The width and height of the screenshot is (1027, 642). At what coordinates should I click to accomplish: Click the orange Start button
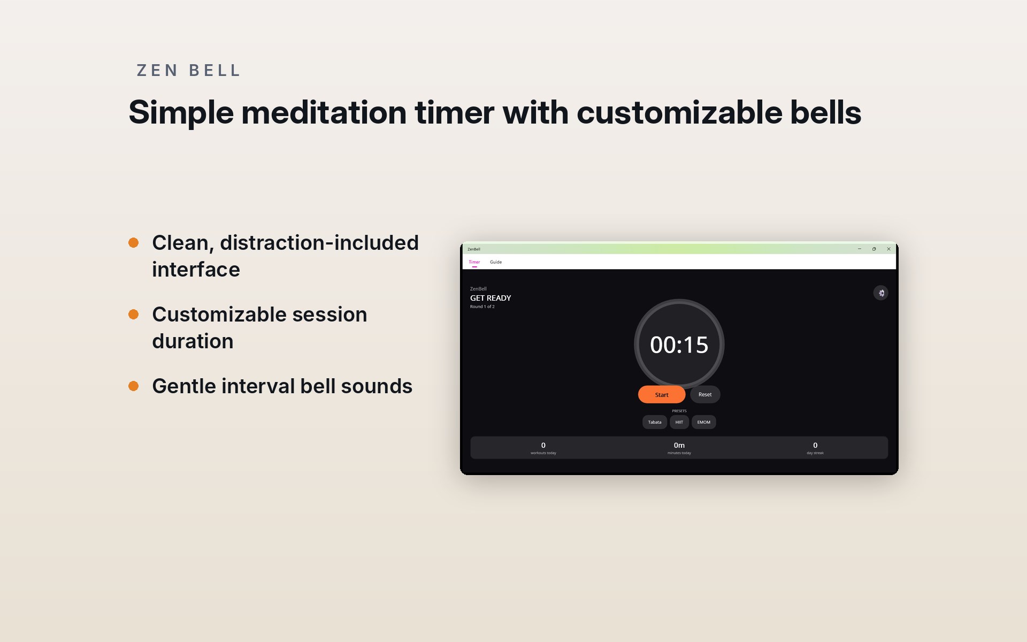(x=662, y=394)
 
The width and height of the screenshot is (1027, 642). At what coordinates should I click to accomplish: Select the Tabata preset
(x=655, y=422)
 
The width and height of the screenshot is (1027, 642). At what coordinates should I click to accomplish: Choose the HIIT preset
(x=679, y=422)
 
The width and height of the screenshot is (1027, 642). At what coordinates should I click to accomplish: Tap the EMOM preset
(x=704, y=422)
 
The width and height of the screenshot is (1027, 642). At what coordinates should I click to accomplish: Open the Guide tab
(x=496, y=262)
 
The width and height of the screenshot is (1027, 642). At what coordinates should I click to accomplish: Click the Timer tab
(x=474, y=262)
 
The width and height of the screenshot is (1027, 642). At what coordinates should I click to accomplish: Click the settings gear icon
(x=881, y=293)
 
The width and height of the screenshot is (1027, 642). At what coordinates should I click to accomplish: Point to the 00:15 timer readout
(x=679, y=345)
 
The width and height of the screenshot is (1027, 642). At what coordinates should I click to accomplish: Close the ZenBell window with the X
(x=889, y=249)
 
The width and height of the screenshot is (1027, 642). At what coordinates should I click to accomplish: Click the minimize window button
(x=860, y=249)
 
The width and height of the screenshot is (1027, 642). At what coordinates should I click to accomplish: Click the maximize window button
(x=874, y=249)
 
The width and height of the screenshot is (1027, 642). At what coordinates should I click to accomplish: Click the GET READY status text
(x=490, y=298)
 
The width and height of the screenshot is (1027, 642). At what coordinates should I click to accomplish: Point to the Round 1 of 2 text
(x=482, y=307)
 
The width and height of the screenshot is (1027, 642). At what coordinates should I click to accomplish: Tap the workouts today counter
(x=543, y=448)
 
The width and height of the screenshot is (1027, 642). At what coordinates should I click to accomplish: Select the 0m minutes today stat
(x=679, y=448)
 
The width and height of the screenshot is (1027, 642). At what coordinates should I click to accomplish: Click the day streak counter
(x=815, y=448)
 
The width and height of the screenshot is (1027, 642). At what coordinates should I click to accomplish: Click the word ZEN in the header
(x=157, y=71)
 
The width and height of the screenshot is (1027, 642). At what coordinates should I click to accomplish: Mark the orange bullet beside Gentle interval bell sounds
(x=134, y=386)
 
